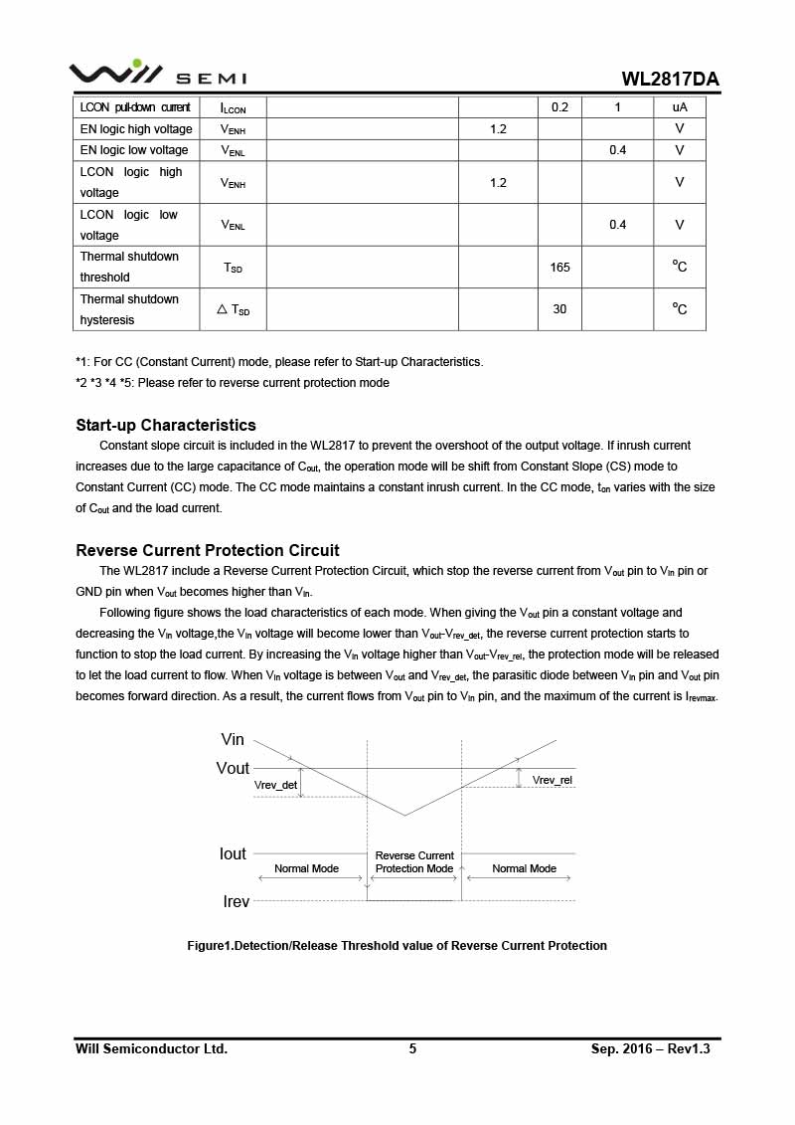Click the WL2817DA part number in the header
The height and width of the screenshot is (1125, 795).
(670, 79)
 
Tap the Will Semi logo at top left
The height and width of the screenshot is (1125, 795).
(157, 74)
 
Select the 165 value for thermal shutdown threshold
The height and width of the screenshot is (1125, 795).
(559, 267)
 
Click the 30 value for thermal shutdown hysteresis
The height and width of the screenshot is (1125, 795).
(559, 309)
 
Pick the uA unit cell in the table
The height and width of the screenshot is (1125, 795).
(680, 107)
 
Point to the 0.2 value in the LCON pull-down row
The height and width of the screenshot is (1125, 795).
(559, 107)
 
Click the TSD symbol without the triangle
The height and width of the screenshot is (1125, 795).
(233, 268)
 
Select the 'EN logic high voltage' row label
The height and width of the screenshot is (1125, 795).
(136, 129)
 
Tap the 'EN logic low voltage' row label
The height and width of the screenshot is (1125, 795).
(134, 150)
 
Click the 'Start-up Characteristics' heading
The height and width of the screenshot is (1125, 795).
(166, 425)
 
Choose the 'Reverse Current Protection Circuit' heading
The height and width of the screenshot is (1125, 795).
(208, 550)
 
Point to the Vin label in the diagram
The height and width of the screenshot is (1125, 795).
(233, 739)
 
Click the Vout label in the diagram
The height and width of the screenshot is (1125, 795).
(234, 768)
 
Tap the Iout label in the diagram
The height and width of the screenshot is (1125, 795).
(234, 853)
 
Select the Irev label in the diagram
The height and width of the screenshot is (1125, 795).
(236, 901)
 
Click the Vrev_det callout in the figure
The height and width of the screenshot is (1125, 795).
(276, 785)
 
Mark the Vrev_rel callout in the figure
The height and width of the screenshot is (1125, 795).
(553, 780)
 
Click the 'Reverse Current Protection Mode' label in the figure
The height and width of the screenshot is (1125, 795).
(414, 862)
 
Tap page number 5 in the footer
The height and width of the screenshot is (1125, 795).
(412, 1048)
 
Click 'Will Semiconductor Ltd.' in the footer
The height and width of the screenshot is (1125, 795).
(151, 1048)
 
